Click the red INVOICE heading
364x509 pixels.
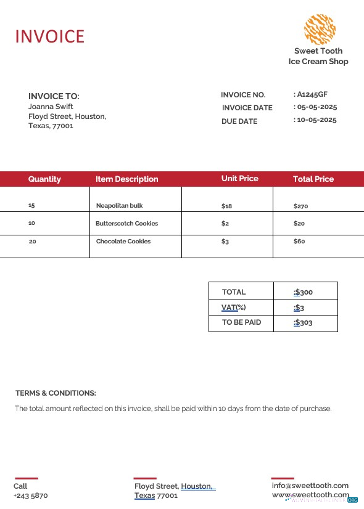[49, 36]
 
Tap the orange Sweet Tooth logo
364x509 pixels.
[320, 29]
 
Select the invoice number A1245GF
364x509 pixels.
[312, 94]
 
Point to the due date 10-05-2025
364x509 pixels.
[316, 120]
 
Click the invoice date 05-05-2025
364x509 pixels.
[316, 107]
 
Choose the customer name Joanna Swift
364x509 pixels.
[51, 107]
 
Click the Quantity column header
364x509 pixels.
[44, 179]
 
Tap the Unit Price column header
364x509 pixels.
[239, 179]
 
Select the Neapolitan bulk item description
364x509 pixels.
[119, 206]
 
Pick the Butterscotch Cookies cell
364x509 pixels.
[126, 224]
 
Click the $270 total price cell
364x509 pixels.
[300, 206]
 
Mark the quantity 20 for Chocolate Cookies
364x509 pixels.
[33, 242]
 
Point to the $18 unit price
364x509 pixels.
[226, 206]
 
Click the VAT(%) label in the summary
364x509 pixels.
[233, 307]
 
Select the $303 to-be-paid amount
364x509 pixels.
[304, 322]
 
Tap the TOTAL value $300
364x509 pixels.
[304, 292]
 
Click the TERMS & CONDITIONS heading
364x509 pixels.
[56, 393]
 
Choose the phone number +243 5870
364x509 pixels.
[30, 495]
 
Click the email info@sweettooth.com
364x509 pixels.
[310, 486]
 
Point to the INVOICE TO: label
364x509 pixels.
[54, 96]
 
